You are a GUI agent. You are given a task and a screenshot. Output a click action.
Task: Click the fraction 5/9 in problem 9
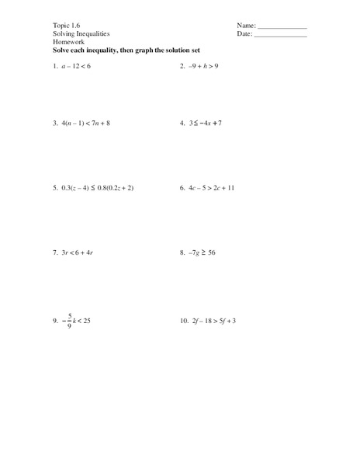click(70, 320)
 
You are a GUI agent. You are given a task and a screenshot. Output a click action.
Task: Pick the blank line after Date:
click(281, 35)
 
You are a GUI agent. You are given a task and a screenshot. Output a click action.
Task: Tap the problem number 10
click(182, 320)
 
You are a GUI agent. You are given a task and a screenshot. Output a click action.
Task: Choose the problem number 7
click(56, 252)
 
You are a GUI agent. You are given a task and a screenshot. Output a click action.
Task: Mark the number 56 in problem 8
click(211, 252)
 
